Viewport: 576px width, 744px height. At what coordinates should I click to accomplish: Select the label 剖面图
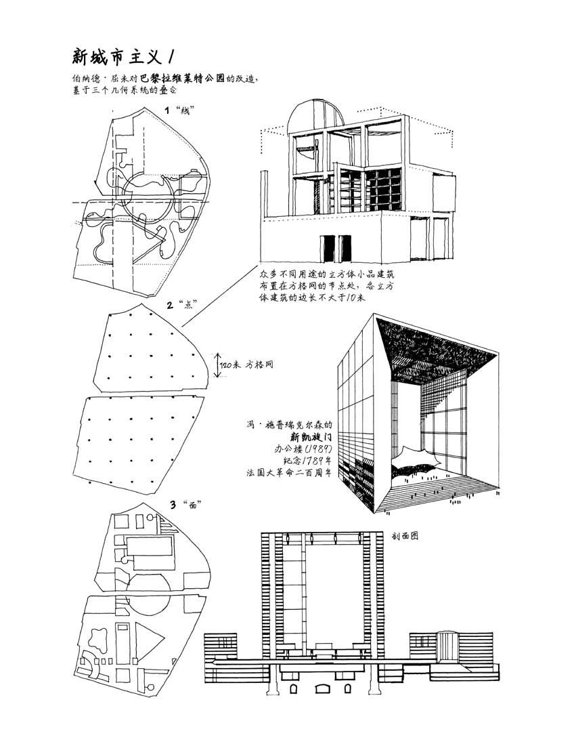pos(405,535)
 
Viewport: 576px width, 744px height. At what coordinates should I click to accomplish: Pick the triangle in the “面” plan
pos(150,636)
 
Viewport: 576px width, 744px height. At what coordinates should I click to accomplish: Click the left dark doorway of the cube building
pos(328,249)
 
